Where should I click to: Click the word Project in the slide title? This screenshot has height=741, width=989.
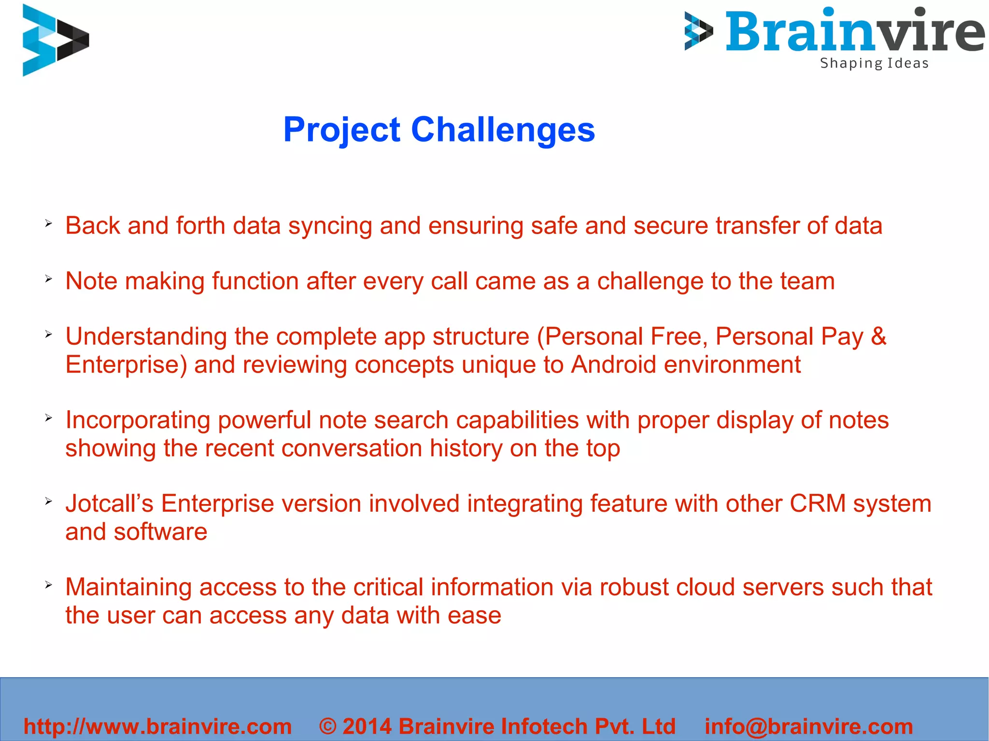pos(341,130)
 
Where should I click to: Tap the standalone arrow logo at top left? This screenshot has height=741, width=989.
pos(56,40)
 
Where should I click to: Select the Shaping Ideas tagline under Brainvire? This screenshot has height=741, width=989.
pos(874,63)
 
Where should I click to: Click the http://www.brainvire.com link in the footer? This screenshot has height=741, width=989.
pos(157,726)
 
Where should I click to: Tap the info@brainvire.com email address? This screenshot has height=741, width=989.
pos(809,726)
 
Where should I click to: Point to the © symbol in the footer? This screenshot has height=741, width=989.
pos(327,726)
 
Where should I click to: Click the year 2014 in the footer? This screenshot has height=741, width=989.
pos(367,726)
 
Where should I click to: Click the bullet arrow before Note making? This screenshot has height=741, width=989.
pos(48,279)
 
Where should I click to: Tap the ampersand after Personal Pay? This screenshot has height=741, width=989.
pos(878,336)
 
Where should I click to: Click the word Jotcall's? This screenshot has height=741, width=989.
pos(109,503)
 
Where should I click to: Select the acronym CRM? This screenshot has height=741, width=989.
pos(818,503)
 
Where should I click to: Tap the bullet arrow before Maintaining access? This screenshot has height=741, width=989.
pos(48,585)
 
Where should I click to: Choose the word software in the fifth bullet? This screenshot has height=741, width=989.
pos(160,532)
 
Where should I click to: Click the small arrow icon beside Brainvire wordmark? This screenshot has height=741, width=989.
pos(698,31)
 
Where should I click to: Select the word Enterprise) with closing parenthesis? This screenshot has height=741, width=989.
pos(126,365)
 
